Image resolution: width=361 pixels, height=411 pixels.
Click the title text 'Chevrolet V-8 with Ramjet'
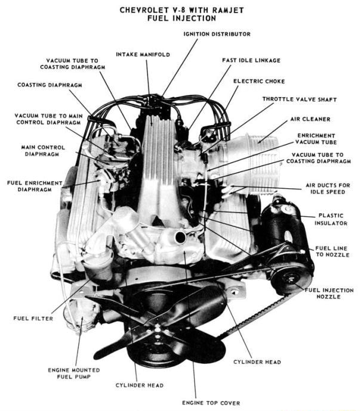click(181, 10)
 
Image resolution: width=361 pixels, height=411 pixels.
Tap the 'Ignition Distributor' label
click(217, 34)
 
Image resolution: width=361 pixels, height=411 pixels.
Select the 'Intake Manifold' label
click(143, 54)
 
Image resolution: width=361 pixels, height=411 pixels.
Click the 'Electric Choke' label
click(259, 81)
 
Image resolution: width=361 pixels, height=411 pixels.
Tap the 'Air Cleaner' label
click(310, 119)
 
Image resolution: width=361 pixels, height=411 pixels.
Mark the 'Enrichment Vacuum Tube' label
click(316, 139)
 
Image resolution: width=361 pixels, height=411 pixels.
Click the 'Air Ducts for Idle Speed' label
click(328, 188)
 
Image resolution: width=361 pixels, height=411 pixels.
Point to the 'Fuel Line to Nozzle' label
click(332, 251)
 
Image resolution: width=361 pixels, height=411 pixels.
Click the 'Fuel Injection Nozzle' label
click(329, 293)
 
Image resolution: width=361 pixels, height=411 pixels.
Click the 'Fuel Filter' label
click(33, 318)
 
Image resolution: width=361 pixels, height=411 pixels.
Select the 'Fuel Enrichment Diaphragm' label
click(35, 186)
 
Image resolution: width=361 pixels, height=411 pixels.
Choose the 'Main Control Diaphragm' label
click(42, 150)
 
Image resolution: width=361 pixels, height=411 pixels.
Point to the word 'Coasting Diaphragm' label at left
click(50, 85)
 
